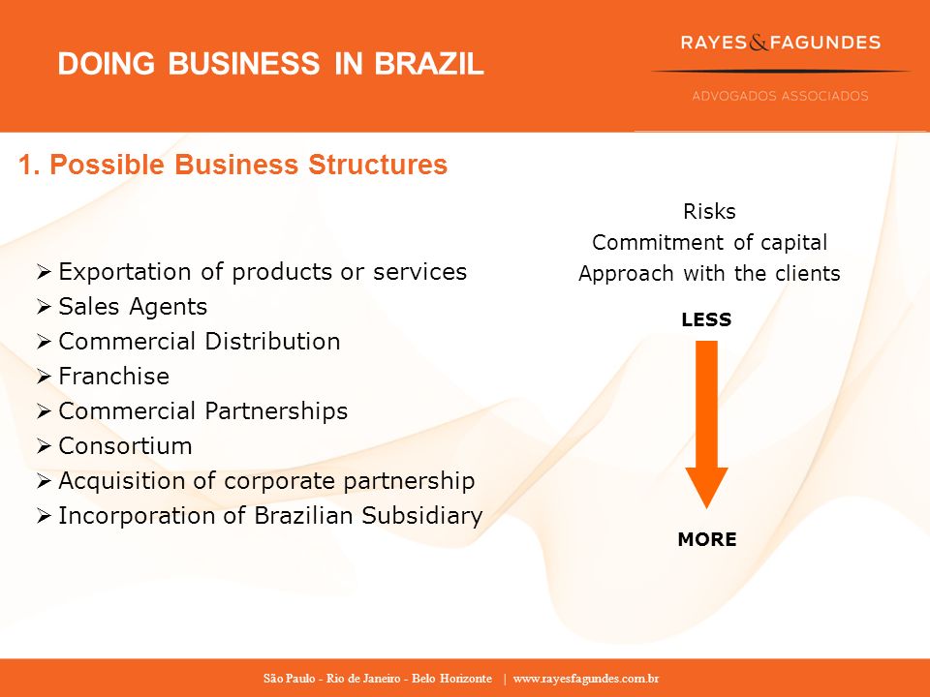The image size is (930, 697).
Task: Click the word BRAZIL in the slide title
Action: (x=429, y=64)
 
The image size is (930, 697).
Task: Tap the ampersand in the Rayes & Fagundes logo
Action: (x=759, y=43)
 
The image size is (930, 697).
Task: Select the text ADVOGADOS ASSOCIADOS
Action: (x=780, y=96)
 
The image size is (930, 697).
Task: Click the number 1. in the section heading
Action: (x=29, y=165)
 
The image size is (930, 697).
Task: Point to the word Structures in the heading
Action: (x=378, y=165)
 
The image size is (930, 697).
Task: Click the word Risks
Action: (x=709, y=212)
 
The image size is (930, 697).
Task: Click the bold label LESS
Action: (x=706, y=319)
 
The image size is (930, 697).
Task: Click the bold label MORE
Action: (x=707, y=539)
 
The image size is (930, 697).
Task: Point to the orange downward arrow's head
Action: (x=706, y=487)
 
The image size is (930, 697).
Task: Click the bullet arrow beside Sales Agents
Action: (x=44, y=307)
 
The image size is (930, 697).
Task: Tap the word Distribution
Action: (x=273, y=342)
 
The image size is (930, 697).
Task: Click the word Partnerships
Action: (x=276, y=412)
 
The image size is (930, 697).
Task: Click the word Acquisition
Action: (x=122, y=481)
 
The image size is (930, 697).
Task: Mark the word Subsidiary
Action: (x=422, y=516)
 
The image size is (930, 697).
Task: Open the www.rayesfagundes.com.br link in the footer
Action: (x=586, y=679)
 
